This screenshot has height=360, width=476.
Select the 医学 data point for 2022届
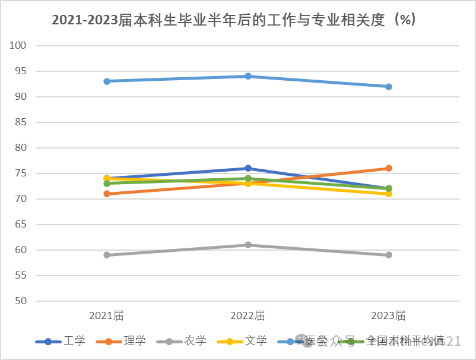coord(248,76)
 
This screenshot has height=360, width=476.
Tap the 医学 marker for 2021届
coord(107,81)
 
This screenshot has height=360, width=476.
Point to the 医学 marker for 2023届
coord(389,87)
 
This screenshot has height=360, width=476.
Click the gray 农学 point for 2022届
coord(248,245)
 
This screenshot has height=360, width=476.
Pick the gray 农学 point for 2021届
coord(107,255)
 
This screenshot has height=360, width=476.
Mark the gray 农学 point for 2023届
coord(389,255)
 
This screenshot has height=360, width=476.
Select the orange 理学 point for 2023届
coord(389,168)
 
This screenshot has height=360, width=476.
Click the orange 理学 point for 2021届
coord(107,194)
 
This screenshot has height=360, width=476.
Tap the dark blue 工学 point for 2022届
coord(248,168)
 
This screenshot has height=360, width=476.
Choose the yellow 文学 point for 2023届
coord(389,194)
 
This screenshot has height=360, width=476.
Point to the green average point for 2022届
coord(248,178)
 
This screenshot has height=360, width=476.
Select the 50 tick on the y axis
coord(21,301)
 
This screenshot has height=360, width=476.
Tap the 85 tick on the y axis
coord(21,122)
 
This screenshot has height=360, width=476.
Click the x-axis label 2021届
coord(107,315)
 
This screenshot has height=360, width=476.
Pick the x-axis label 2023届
coord(389,315)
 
